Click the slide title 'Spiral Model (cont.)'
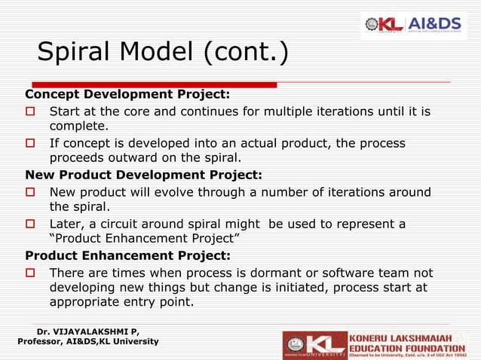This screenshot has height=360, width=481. click(x=162, y=53)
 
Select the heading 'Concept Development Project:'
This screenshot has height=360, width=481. click(x=127, y=95)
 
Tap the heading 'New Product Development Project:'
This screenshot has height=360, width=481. click(x=144, y=175)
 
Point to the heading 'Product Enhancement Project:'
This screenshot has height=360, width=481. click(x=128, y=255)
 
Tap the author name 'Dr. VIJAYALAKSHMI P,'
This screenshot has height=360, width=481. click(x=87, y=331)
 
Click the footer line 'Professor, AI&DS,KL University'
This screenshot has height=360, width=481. click(x=87, y=342)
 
